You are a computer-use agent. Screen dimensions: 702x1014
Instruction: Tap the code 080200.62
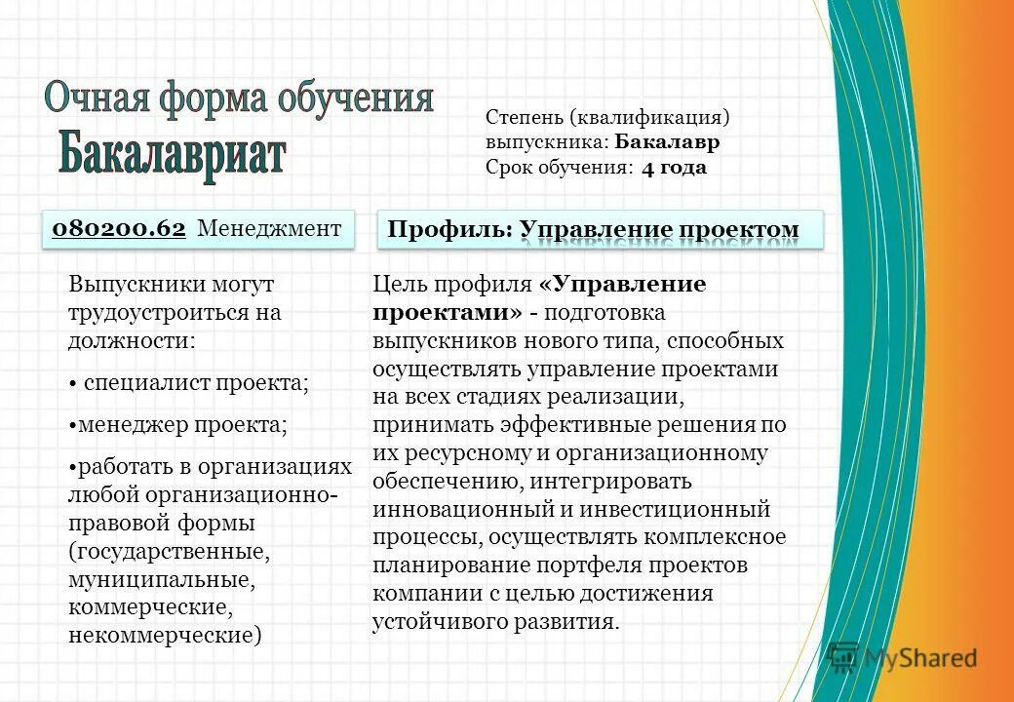[118, 228]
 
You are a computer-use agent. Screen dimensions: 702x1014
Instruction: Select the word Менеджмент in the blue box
[269, 228]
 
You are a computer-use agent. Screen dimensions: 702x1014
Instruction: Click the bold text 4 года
[674, 168]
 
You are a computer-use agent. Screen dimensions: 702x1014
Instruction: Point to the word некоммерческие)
[166, 636]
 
